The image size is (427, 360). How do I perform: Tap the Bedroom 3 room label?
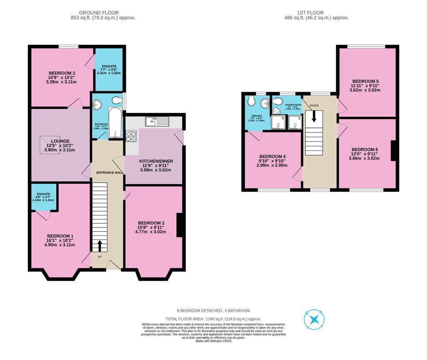[x=62, y=73]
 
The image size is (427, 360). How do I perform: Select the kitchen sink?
[x=157, y=122]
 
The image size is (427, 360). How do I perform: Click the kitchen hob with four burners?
[x=131, y=136]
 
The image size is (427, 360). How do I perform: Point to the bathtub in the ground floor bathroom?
[x=115, y=122]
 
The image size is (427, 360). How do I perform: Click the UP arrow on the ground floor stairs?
[x=99, y=246]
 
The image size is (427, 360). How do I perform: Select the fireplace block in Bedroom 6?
[x=393, y=151]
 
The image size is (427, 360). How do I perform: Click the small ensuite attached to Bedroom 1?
[x=43, y=196]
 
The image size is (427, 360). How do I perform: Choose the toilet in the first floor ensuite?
[x=251, y=101]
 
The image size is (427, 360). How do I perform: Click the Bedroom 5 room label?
[x=365, y=81]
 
